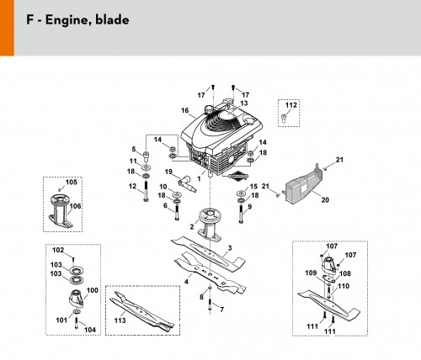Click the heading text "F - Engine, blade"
(77, 20)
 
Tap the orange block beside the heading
(7, 28)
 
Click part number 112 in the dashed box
(291, 105)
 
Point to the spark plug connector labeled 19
(187, 184)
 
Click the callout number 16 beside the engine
(185, 110)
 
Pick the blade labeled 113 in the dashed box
(142, 311)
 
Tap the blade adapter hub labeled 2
(210, 225)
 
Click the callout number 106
(75, 206)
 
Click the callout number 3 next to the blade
(230, 248)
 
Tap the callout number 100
(93, 290)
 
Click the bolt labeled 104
(76, 322)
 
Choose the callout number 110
(344, 286)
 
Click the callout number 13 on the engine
(244, 103)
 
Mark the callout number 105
(71, 183)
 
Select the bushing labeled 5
(147, 156)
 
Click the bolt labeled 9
(241, 214)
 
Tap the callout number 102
(58, 250)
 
